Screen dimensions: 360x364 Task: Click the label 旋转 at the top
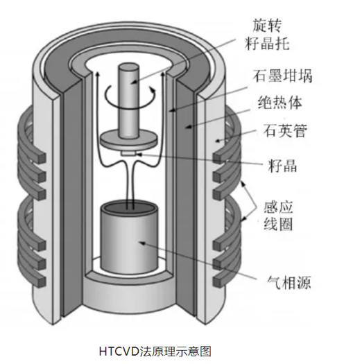267,25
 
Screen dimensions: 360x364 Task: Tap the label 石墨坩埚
282,76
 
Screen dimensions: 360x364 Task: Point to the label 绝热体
280,103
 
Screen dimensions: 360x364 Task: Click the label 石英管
285,130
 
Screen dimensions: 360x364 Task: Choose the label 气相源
289,282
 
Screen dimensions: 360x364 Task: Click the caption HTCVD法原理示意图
155,351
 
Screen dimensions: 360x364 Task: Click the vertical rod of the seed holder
128,100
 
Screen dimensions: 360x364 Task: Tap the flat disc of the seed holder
128,140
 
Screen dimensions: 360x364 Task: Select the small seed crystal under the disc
128,153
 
